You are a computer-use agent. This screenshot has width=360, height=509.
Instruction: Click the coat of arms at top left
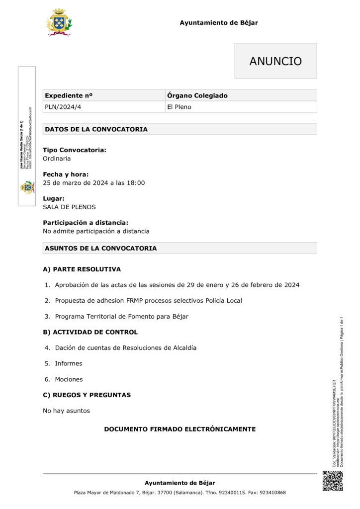[59, 22]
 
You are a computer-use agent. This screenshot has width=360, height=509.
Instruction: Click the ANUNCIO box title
[275, 61]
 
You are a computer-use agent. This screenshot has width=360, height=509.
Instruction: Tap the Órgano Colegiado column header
[197, 95]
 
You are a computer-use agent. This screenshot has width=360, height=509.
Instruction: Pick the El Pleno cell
[179, 107]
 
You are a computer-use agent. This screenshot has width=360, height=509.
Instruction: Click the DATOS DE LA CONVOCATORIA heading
[96, 129]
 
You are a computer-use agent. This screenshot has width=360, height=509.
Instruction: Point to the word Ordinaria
[57, 159]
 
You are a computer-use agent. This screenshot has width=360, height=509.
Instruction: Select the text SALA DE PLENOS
[69, 207]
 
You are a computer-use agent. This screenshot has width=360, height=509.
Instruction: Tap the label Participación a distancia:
[85, 223]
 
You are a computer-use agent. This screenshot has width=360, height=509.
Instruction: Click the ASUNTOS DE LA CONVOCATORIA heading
[100, 248]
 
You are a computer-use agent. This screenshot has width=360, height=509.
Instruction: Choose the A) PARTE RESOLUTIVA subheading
[82, 269]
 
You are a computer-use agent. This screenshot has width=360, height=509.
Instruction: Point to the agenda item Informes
[69, 363]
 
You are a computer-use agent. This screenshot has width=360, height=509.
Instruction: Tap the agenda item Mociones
[69, 379]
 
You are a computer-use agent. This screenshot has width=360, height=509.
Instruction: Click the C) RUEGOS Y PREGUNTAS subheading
[87, 395]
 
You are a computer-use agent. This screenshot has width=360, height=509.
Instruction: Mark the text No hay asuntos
[66, 411]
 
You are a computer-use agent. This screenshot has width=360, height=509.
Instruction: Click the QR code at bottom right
[333, 481]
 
